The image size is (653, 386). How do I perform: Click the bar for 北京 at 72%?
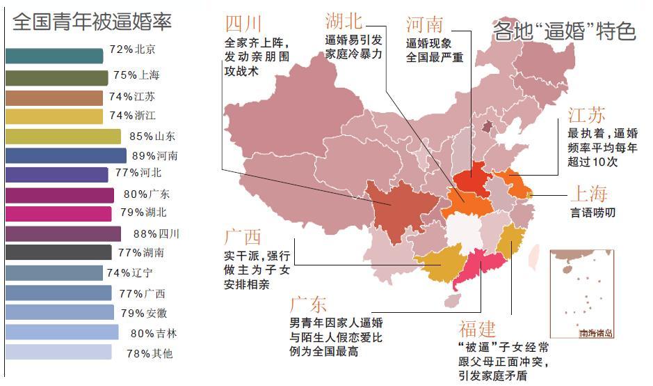[x=54, y=56]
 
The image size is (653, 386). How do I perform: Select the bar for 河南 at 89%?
[x=66, y=155]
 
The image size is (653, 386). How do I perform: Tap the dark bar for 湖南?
[x=58, y=252]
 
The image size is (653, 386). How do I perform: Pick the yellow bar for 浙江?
[x=54, y=116]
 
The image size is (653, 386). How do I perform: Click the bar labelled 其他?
[x=58, y=353]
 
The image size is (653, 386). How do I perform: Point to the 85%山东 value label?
[x=152, y=136]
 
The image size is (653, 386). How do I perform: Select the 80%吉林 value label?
[x=154, y=333]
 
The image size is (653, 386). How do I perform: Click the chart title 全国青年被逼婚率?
[x=92, y=22]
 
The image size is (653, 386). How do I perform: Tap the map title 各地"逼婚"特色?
[x=564, y=31]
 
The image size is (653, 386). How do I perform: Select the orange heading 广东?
[x=308, y=304]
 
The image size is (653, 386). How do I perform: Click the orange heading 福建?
[x=478, y=327]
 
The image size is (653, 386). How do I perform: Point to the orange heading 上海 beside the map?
[x=588, y=193]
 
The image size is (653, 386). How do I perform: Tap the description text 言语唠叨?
[x=592, y=213]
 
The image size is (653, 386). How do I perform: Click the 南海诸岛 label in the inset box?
[x=597, y=333]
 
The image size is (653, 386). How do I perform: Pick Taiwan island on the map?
[x=534, y=256]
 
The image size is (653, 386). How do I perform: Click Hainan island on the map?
[x=451, y=300]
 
